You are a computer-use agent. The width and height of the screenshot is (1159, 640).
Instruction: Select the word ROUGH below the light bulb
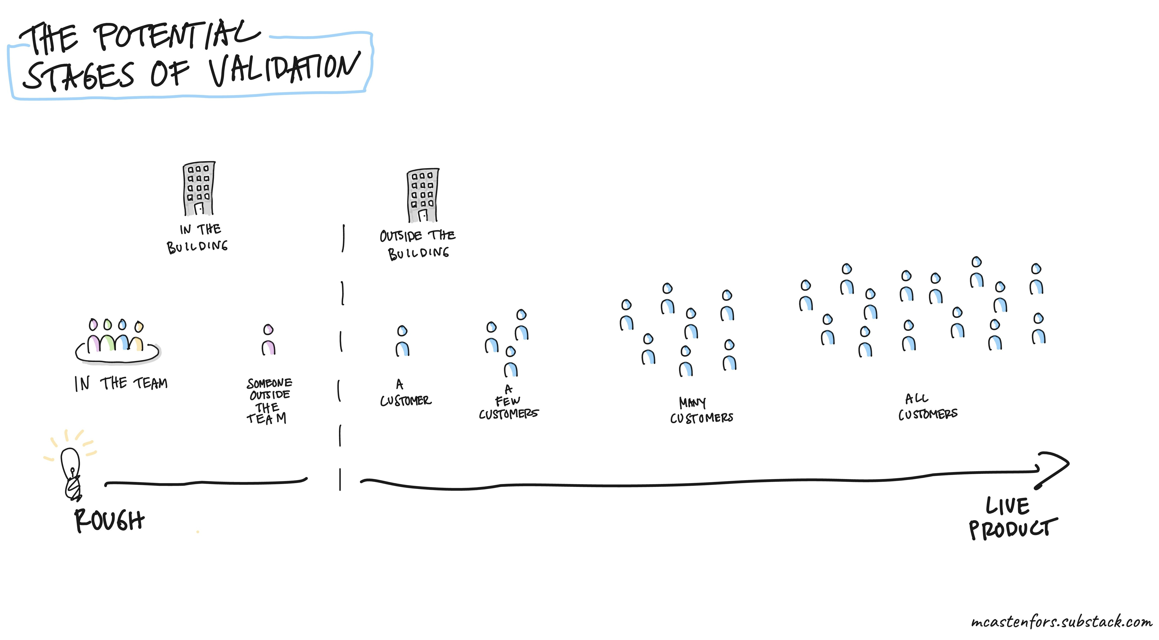(x=109, y=520)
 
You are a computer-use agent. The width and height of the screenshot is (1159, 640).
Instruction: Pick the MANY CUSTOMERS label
(x=701, y=410)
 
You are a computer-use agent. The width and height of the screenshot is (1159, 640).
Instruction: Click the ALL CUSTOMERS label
(x=928, y=407)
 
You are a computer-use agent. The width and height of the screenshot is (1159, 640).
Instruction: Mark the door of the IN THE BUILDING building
(x=199, y=208)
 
